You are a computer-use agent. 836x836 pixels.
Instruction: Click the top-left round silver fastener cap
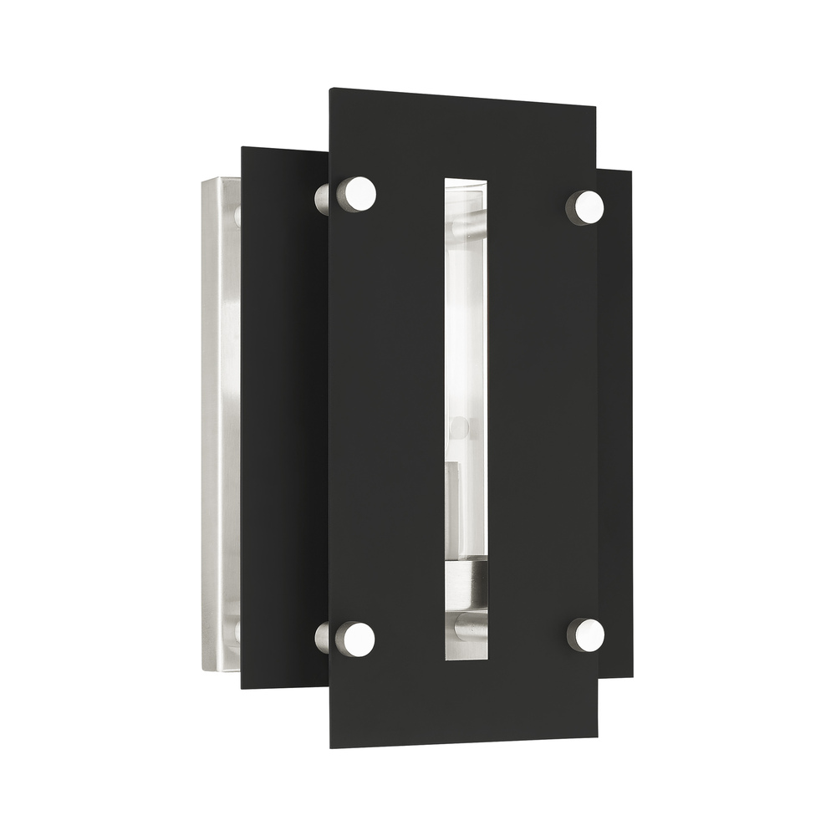tap(356, 194)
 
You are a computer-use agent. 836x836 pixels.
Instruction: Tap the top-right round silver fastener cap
tap(589, 206)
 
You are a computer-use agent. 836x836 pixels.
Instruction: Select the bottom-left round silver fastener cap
tap(355, 638)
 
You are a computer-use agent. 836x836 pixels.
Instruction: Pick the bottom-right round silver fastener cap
tap(589, 635)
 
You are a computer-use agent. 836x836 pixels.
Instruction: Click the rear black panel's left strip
tap(284, 418)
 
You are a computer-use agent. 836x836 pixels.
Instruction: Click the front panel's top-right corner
tap(596, 106)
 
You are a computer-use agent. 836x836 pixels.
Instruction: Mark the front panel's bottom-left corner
tap(330, 747)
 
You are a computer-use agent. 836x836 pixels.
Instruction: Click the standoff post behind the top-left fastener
tap(323, 198)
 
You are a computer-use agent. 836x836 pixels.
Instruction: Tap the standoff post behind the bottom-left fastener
tap(322, 640)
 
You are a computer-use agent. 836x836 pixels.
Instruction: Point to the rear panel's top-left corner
tap(242, 148)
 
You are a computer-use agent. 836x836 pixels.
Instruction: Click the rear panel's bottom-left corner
tap(242, 688)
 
